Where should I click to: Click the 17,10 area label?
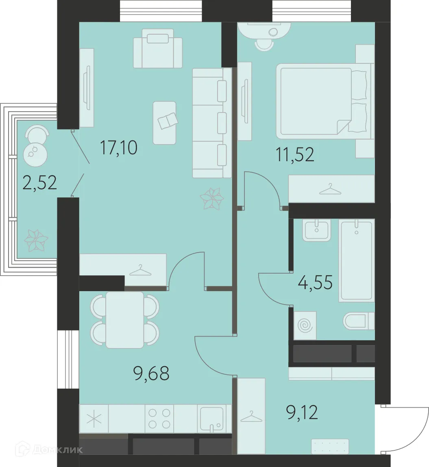tap(119, 148)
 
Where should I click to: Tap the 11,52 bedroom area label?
tap(295, 155)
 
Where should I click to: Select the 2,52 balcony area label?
tap(40, 183)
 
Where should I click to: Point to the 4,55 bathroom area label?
tap(315, 282)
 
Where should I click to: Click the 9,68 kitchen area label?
tap(152, 374)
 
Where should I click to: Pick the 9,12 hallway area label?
tap(302, 413)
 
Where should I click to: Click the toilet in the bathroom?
tap(359, 321)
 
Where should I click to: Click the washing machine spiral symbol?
tap(305, 326)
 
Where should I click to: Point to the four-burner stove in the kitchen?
tap(159, 418)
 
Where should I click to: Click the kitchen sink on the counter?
tap(211, 419)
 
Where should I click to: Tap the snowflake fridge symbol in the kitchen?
tap(94, 419)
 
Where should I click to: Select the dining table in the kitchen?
tap(125, 320)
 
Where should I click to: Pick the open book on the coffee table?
tap(168, 121)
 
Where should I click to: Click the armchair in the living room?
tap(157, 48)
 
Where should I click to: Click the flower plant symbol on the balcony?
tap(36, 240)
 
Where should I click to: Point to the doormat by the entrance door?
tap(330, 446)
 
